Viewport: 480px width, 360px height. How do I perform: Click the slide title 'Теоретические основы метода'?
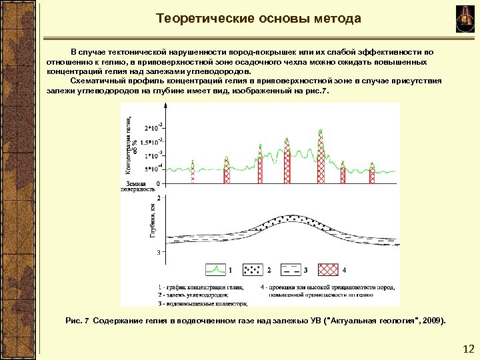coord(259,19)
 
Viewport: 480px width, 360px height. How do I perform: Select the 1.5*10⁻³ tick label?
coord(153,141)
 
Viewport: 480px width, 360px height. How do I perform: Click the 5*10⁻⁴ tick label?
coord(155,168)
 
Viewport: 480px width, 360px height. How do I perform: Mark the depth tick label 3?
coord(158,252)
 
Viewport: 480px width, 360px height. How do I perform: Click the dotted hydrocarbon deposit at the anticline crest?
coord(287,221)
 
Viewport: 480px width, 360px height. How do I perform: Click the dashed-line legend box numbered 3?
coord(289,270)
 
